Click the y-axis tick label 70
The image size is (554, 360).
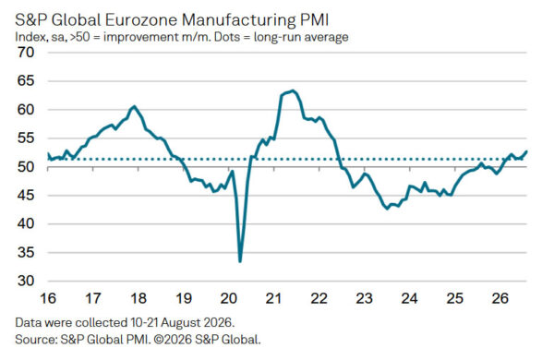(26, 53)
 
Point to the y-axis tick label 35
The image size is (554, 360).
(26, 253)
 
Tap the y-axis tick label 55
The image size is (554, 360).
(26, 138)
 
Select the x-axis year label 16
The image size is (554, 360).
(48, 298)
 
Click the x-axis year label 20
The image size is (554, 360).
(229, 298)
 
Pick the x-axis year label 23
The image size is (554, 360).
(365, 298)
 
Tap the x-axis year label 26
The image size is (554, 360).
(500, 298)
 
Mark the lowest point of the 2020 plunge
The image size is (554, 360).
(240, 261)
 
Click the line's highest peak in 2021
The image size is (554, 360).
(293, 90)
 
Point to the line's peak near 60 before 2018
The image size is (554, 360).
(134, 106)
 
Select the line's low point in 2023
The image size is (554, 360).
(387, 209)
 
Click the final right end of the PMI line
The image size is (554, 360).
(526, 151)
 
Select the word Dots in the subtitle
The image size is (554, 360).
(227, 37)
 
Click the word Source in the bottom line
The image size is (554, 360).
(36, 340)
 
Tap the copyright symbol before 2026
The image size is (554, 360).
(159, 340)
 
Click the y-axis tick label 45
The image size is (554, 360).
(26, 196)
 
